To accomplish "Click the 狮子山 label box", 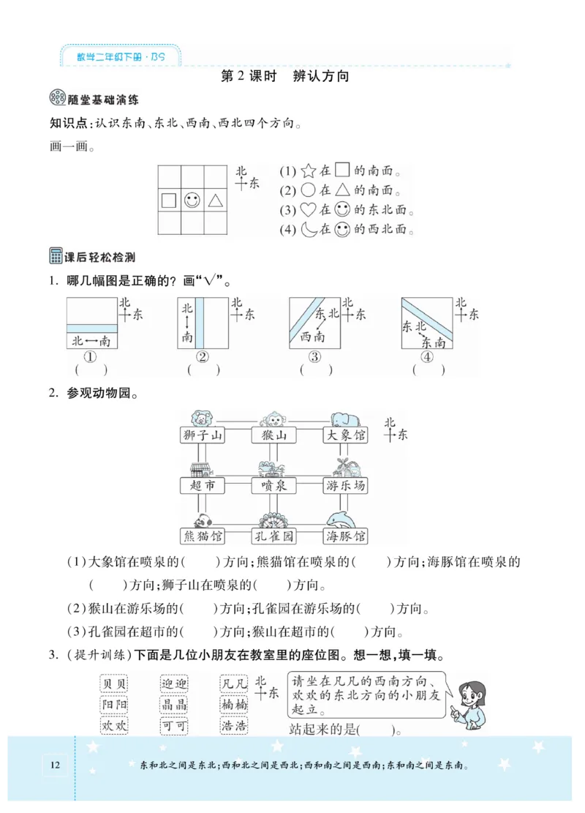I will (x=202, y=436).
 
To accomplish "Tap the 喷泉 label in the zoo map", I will (x=273, y=486).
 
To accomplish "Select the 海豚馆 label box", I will (x=345, y=536).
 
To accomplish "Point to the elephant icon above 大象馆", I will (x=344, y=419).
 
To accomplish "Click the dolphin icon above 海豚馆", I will (x=344, y=520).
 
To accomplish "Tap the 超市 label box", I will (x=202, y=486).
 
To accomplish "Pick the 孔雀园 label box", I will (x=273, y=536).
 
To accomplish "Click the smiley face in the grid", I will (x=192, y=200).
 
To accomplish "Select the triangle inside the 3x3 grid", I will (x=215, y=200).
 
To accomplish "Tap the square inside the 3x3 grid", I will (x=168, y=200).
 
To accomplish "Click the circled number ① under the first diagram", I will (x=91, y=357).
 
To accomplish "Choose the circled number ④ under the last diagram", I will (x=428, y=357).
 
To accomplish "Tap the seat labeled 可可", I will (x=174, y=726).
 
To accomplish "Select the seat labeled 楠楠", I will (x=234, y=705).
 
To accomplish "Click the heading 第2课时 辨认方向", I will (x=285, y=76).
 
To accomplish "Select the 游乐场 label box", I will (x=345, y=486).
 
